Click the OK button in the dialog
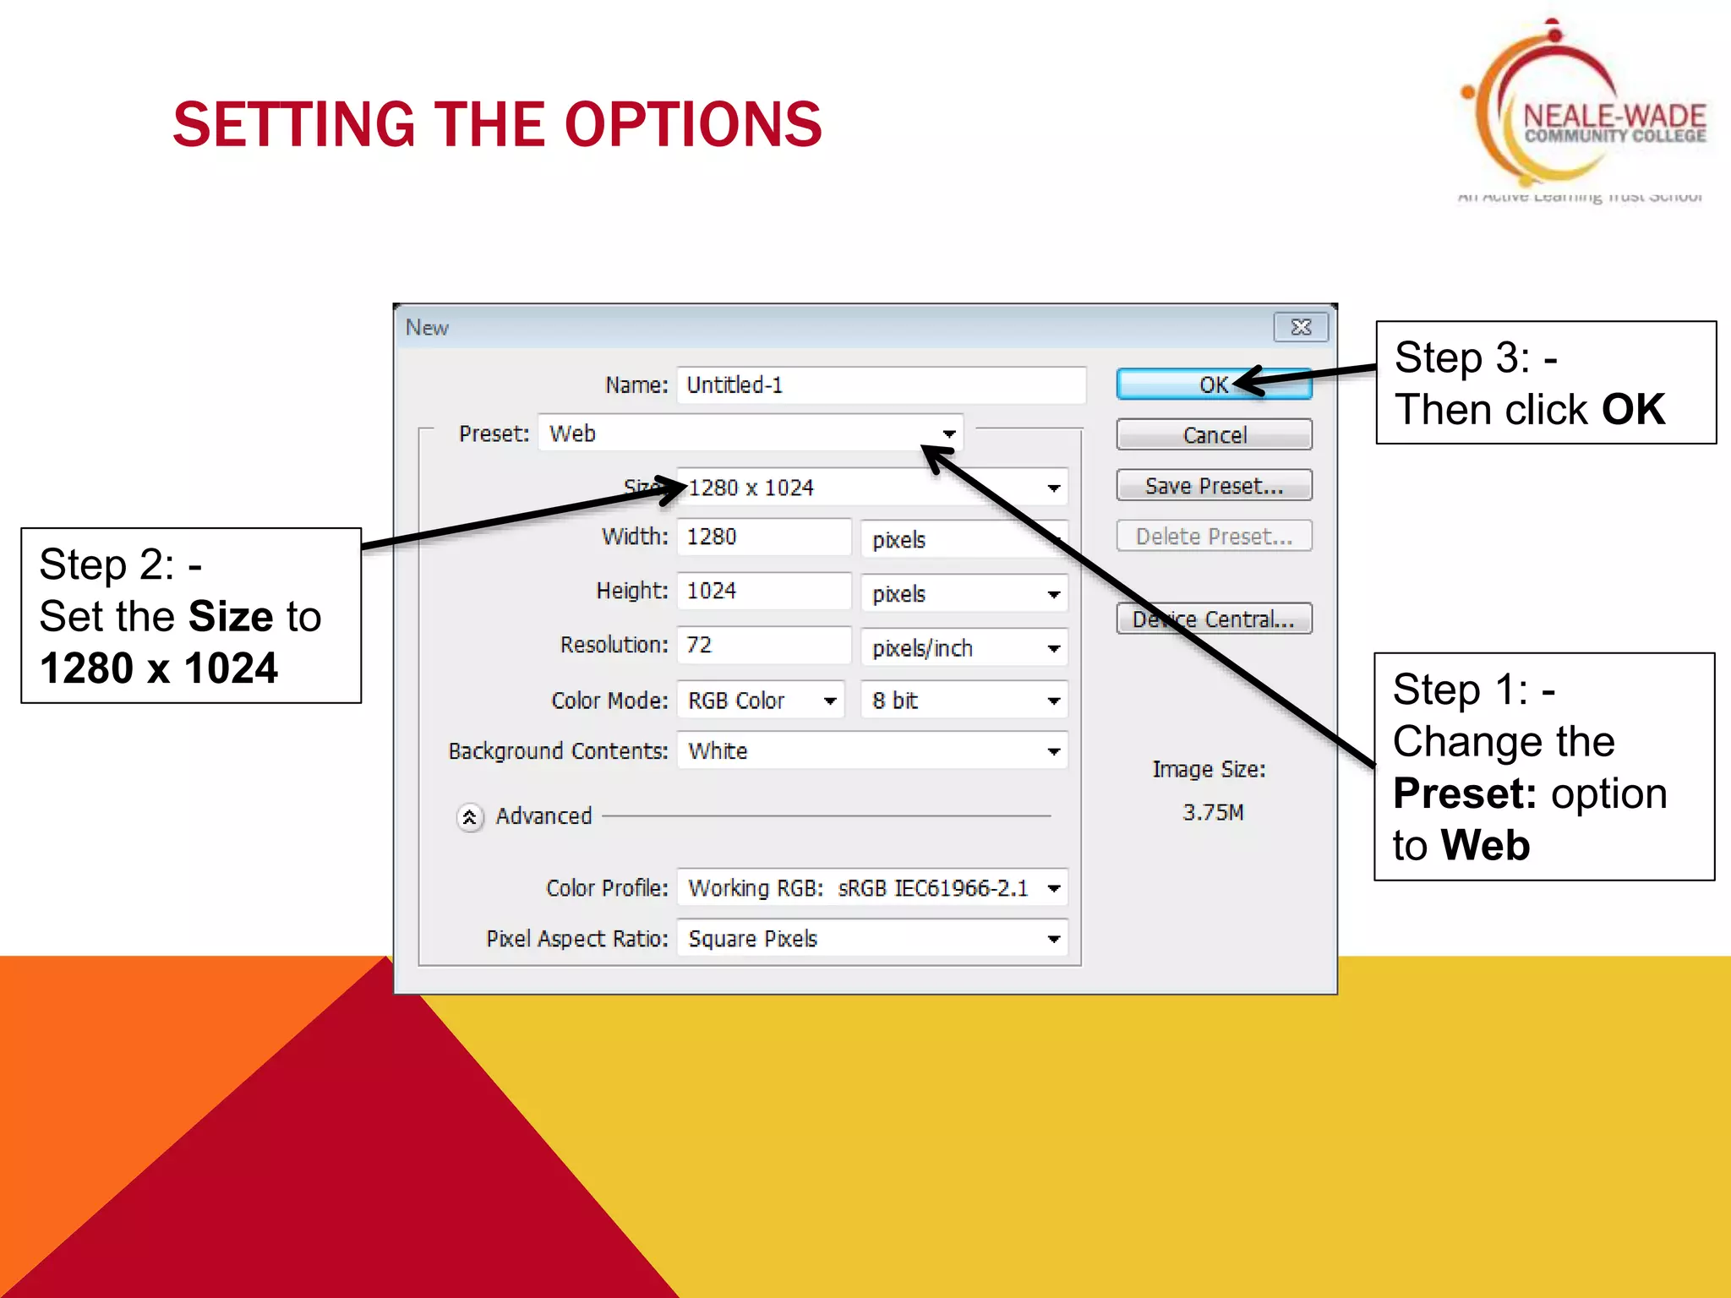coord(1213,384)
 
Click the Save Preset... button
coord(1213,486)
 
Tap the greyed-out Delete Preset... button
coord(1213,537)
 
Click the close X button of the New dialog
coord(1301,327)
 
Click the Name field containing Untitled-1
coord(879,385)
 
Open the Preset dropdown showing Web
coord(751,434)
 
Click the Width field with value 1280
coord(762,537)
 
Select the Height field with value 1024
coord(762,591)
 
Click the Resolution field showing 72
coord(762,646)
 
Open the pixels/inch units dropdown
coord(964,648)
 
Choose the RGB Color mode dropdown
coord(760,701)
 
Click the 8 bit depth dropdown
coord(964,701)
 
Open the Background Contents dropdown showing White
coord(871,751)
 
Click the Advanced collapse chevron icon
coord(470,817)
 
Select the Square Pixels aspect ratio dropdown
coord(871,939)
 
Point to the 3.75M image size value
coord(1213,812)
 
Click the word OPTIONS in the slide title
coord(692,125)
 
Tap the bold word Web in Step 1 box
coord(1486,845)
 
